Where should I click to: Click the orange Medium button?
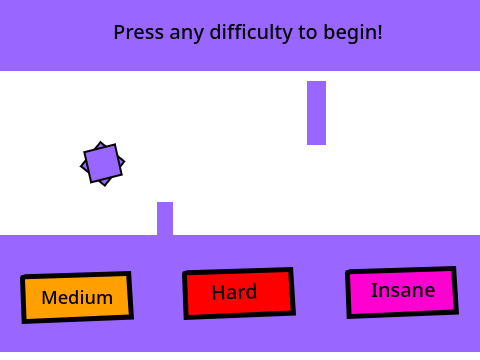(77, 297)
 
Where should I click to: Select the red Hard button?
(239, 293)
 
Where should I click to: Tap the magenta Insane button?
(402, 292)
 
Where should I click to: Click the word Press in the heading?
(139, 32)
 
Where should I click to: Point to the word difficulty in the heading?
(251, 32)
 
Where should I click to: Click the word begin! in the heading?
(353, 32)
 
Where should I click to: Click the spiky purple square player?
(103, 164)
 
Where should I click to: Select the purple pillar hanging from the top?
(316, 113)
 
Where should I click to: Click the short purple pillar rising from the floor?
(165, 219)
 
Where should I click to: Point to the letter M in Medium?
(49, 297)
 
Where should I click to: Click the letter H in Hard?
(218, 292)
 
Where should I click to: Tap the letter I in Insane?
(374, 290)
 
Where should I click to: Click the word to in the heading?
(307, 33)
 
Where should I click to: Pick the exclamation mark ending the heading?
(380, 32)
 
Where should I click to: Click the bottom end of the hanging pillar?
(316, 145)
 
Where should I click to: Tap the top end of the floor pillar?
(165, 202)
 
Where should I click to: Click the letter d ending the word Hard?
(251, 291)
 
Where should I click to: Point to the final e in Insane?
(430, 291)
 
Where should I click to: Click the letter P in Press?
(119, 32)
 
